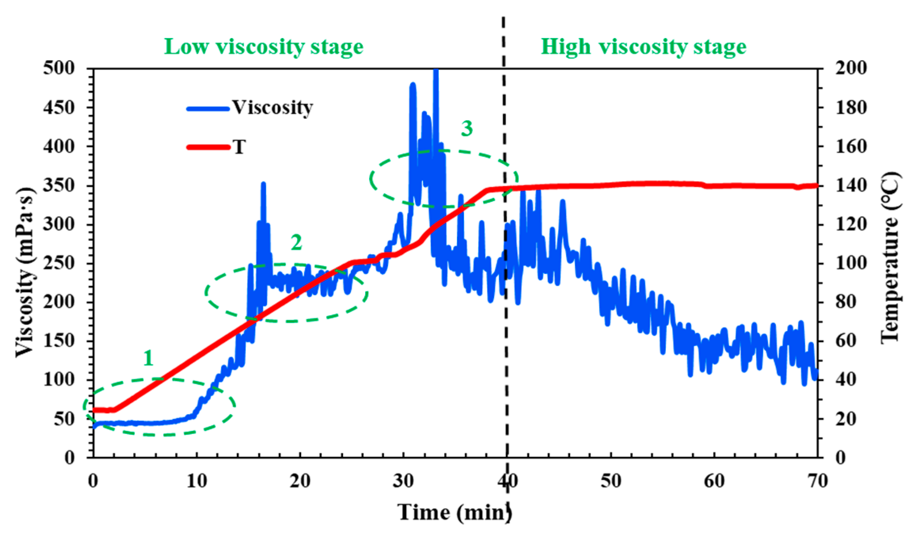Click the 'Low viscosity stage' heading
tap(263, 47)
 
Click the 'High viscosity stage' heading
tap(643, 47)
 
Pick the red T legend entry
tap(217, 147)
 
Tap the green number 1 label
tap(148, 358)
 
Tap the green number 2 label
tap(297, 242)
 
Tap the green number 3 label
tap(467, 129)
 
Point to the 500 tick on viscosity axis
tap(59, 68)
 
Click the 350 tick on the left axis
tap(59, 185)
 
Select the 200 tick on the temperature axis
tap(851, 68)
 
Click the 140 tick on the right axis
tap(851, 185)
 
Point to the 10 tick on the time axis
tap(197, 481)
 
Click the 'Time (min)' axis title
tap(454, 512)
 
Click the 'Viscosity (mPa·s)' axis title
tap(25, 272)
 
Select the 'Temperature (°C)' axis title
tap(890, 257)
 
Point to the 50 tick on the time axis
tap(611, 481)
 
